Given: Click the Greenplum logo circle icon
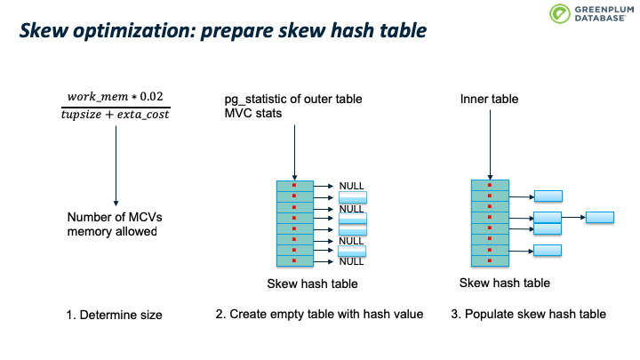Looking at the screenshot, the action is click(x=559, y=13).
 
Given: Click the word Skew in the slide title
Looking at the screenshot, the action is click(x=44, y=30).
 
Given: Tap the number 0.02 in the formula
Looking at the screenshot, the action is click(x=151, y=96).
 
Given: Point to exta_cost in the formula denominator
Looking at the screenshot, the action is click(x=143, y=115).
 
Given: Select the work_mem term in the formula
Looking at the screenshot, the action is click(x=98, y=97).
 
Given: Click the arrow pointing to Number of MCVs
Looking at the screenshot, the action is click(x=116, y=165).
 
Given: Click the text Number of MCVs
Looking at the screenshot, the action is click(x=115, y=217).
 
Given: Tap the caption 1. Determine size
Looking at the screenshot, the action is click(x=115, y=315).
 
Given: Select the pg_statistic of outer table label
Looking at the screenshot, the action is click(x=293, y=100).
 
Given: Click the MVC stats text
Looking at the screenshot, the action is click(x=253, y=113).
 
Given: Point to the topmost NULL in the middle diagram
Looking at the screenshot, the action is click(x=351, y=186).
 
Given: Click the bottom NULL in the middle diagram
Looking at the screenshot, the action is click(x=351, y=261).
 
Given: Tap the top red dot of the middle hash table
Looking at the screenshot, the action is click(x=294, y=185).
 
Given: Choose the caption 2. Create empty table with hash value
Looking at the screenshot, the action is click(x=319, y=314).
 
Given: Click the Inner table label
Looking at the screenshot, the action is click(x=489, y=99).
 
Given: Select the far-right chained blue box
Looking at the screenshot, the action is click(x=600, y=217).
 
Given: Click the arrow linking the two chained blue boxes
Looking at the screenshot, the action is click(x=574, y=217).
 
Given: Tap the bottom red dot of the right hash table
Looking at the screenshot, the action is click(x=490, y=260).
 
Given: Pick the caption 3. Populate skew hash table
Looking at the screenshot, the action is click(x=528, y=314).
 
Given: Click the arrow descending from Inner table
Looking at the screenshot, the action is click(x=490, y=145).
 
